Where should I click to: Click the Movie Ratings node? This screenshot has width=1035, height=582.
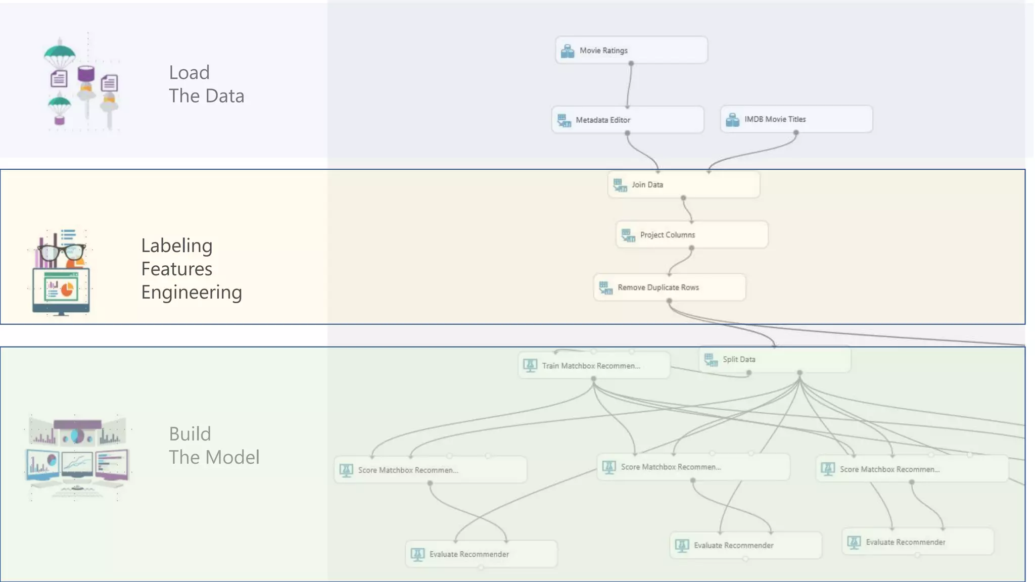(631, 50)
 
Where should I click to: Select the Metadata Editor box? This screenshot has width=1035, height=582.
(628, 120)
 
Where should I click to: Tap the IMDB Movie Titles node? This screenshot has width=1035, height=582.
(796, 119)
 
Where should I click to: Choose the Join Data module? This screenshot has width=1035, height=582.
(683, 185)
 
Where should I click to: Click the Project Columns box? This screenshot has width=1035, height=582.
(691, 235)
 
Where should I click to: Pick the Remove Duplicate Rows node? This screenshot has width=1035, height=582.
(669, 287)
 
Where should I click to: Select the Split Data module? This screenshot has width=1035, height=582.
(774, 360)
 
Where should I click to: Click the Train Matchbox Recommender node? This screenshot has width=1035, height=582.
(594, 366)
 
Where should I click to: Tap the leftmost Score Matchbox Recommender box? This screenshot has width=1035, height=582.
(430, 470)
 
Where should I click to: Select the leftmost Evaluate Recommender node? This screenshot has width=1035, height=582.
(481, 554)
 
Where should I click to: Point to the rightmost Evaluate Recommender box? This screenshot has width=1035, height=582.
(917, 542)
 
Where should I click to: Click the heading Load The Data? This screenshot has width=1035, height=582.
(206, 84)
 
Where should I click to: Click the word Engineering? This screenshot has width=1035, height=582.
(192, 293)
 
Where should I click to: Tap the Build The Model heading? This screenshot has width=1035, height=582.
(214, 446)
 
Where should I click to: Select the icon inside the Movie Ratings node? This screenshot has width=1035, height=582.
(568, 51)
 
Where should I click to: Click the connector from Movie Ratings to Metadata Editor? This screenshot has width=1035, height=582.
(629, 86)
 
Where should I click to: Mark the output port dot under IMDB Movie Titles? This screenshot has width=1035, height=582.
(796, 133)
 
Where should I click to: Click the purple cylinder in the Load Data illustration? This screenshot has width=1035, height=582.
(86, 74)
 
